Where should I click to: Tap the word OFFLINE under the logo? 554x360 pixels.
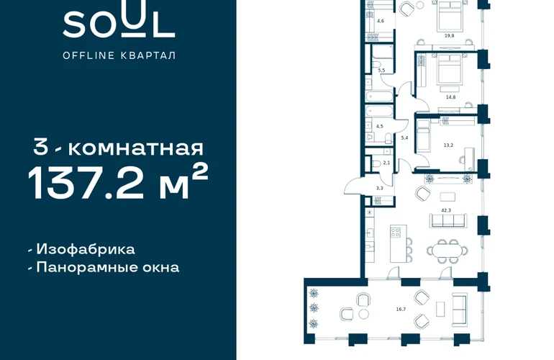(88, 55)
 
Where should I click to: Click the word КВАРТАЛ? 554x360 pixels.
(148, 55)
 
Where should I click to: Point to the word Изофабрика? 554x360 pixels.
(86, 249)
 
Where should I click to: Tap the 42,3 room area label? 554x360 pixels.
(446, 210)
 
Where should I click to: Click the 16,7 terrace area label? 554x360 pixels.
(401, 309)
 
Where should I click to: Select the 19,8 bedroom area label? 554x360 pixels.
(450, 36)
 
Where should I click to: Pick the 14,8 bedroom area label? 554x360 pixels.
(450, 97)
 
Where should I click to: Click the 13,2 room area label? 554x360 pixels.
(448, 145)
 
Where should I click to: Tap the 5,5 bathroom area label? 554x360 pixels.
(381, 71)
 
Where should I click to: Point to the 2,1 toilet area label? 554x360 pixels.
(386, 163)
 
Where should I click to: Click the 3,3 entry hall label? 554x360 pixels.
(379, 188)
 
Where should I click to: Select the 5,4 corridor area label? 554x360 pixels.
(404, 138)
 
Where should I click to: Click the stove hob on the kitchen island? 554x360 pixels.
(396, 232)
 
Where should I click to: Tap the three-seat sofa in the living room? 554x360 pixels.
(448, 220)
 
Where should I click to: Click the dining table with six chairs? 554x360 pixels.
(448, 251)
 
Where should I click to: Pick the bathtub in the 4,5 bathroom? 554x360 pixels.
(378, 111)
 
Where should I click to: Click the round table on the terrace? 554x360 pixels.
(363, 314)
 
